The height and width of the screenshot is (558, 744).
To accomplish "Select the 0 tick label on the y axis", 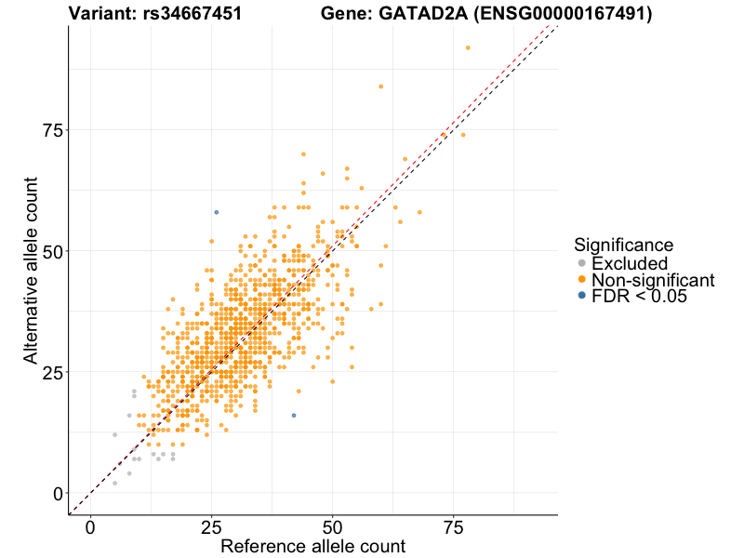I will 58,493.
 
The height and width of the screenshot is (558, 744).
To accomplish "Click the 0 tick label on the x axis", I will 90,528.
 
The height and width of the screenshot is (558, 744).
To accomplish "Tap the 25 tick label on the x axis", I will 211,528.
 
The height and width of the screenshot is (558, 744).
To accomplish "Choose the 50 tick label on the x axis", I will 332,528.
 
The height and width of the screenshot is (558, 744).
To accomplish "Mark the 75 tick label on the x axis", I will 453,528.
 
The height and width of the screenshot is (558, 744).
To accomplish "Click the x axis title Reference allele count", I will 312,547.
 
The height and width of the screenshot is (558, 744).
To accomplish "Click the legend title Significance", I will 623,246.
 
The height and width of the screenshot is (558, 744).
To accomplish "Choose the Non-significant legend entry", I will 653,280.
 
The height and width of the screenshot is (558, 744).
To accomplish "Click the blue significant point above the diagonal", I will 217,212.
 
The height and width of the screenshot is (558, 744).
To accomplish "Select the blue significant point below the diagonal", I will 294,415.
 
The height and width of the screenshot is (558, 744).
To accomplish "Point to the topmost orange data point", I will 468,47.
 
